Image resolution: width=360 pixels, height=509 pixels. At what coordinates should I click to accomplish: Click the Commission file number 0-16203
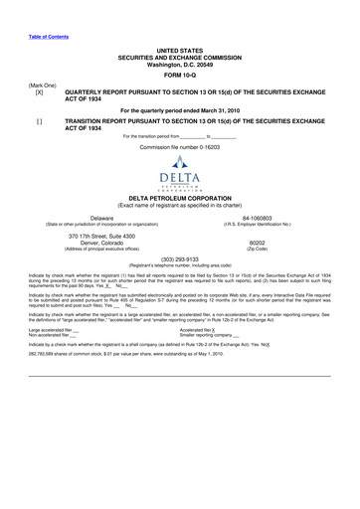click(179, 146)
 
